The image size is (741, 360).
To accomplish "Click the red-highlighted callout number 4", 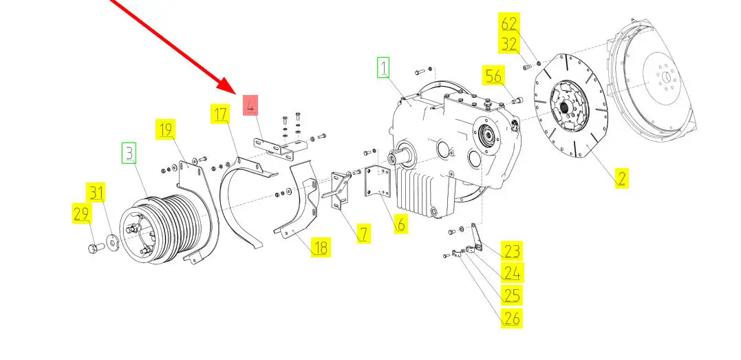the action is [x=250, y=105].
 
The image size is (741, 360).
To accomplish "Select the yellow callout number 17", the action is [x=219, y=114].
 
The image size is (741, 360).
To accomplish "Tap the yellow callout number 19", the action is [x=165, y=129].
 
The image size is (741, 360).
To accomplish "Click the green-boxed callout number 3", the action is [x=129, y=153].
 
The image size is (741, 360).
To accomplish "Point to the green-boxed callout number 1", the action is [x=383, y=67].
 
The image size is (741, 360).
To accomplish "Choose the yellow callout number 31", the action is [x=96, y=193].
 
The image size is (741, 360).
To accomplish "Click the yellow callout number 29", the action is [x=81, y=213].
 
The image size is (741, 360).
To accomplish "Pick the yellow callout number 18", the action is [x=321, y=247].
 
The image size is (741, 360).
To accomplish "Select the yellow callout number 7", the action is [x=363, y=233].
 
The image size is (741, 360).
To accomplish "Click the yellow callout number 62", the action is [x=509, y=23].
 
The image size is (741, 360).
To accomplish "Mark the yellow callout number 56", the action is [x=493, y=76].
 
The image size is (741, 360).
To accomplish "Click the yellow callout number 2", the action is [x=621, y=178].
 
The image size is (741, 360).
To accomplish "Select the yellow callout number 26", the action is [x=513, y=318].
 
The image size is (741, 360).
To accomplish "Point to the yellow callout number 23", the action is [x=513, y=251].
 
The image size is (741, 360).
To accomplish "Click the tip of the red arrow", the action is [x=235, y=93].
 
